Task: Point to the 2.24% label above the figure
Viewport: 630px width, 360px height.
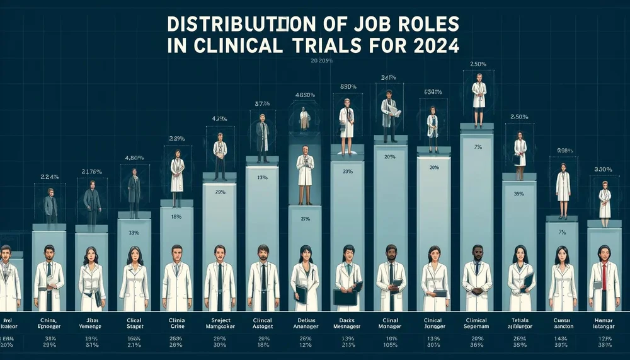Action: pyautogui.click(x=49, y=177)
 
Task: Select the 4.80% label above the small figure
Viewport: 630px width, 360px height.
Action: pyautogui.click(x=134, y=158)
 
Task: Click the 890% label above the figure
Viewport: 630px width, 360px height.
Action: pyautogui.click(x=348, y=87)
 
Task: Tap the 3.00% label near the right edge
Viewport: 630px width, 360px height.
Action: pyautogui.click(x=604, y=170)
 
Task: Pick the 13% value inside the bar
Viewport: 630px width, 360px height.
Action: pyautogui.click(x=262, y=177)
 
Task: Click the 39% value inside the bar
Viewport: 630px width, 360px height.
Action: pyautogui.click(x=519, y=194)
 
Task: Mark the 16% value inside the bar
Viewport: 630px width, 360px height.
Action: pyautogui.click(x=177, y=216)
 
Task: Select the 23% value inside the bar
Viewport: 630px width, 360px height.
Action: pyautogui.click(x=134, y=233)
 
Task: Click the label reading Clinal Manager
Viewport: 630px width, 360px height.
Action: pyautogui.click(x=391, y=323)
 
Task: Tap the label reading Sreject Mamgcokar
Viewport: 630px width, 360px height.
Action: pyautogui.click(x=220, y=323)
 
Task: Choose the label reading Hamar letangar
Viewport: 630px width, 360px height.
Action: pyautogui.click(x=604, y=323)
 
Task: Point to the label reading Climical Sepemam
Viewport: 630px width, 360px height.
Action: pyautogui.click(x=477, y=323)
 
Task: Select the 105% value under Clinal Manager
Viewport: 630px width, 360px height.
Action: pyautogui.click(x=391, y=345)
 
